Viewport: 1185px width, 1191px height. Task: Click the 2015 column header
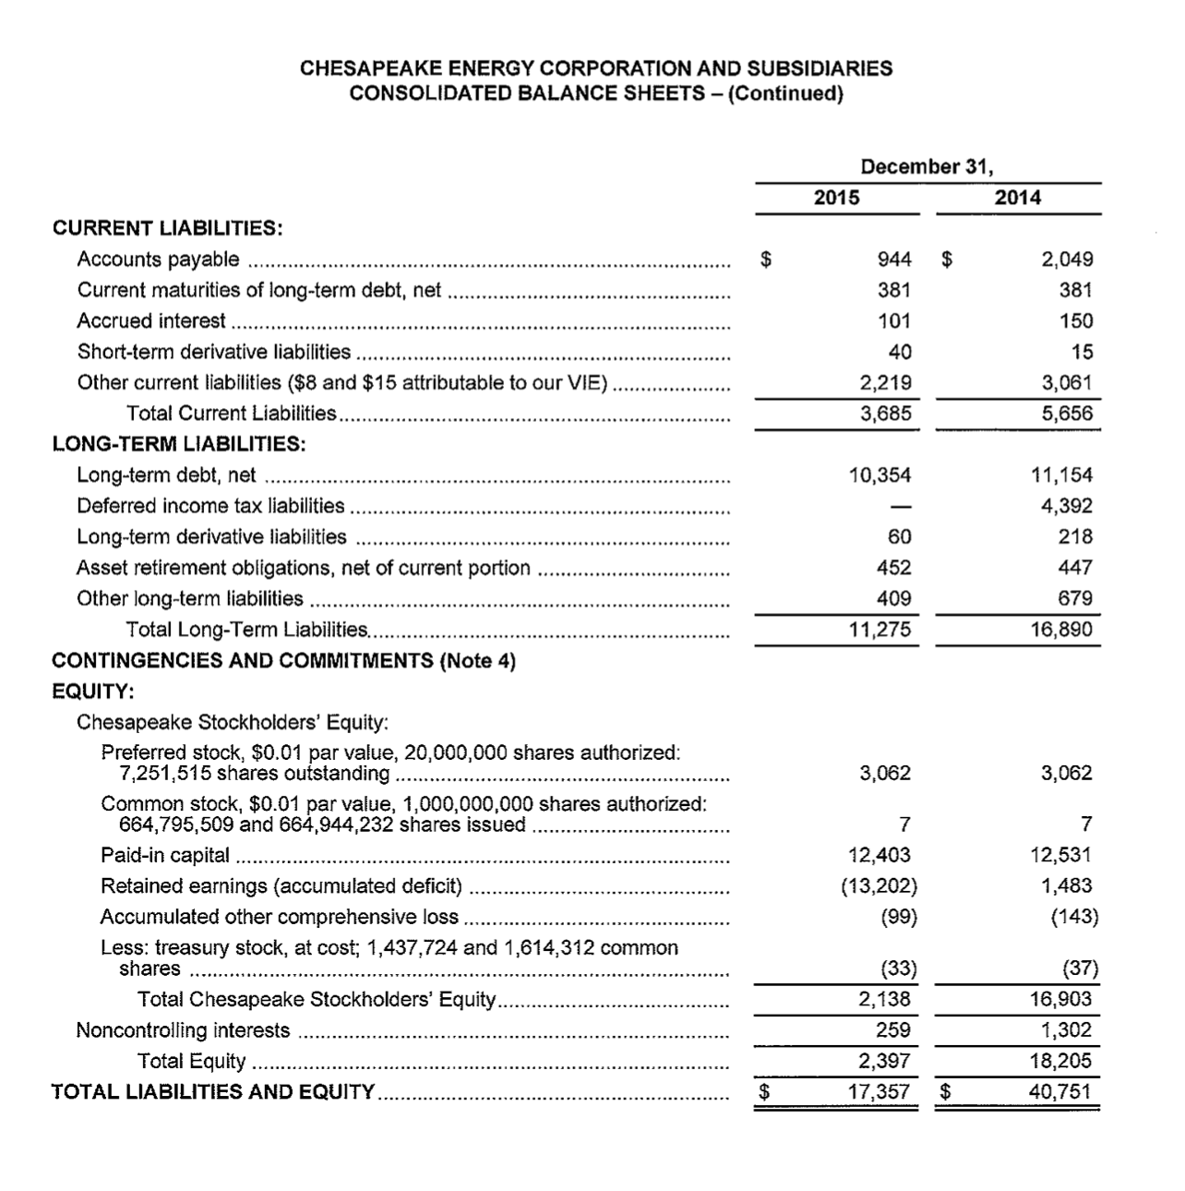pyautogui.click(x=836, y=198)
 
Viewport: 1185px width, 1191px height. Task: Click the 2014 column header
pyautogui.click(x=1017, y=198)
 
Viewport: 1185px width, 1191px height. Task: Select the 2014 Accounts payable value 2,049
pyautogui.click(x=1067, y=259)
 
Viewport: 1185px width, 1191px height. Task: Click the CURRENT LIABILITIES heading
pyautogui.click(x=167, y=228)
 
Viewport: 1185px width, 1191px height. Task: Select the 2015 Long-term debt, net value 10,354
pyautogui.click(x=879, y=475)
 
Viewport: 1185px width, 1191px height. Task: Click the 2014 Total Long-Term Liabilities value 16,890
pyautogui.click(x=1061, y=630)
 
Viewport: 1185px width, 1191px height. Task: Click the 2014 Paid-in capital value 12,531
pyautogui.click(x=1061, y=855)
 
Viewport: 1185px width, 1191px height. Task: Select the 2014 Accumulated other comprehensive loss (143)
pyautogui.click(x=1073, y=917)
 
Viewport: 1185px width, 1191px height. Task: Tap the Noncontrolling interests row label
pyautogui.click(x=183, y=1030)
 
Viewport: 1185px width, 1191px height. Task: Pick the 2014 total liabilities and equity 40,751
pyautogui.click(x=1060, y=1092)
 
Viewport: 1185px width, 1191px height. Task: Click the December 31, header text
pyautogui.click(x=927, y=167)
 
